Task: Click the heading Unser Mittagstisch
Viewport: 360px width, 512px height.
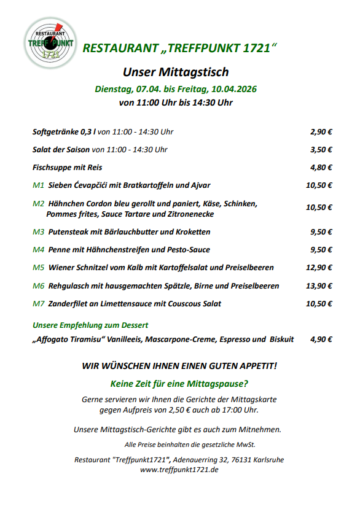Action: click(176, 72)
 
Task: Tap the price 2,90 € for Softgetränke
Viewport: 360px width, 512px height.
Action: click(321, 131)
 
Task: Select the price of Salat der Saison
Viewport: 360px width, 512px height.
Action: click(321, 149)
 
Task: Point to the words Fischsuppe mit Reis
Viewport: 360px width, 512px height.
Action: click(67, 167)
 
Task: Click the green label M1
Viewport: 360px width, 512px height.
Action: click(38, 185)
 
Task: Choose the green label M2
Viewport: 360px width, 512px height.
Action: click(38, 203)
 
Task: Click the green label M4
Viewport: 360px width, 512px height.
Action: click(38, 250)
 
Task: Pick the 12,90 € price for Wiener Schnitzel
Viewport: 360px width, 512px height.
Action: click(319, 268)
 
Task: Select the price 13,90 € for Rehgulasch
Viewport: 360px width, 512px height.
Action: click(319, 285)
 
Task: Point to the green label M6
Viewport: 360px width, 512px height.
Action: click(38, 285)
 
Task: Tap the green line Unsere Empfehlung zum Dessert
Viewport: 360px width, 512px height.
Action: click(90, 325)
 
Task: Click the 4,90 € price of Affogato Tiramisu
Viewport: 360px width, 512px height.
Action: click(321, 339)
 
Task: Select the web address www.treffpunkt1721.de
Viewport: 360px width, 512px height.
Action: click(179, 470)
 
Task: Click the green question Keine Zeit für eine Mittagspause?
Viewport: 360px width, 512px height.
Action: click(179, 384)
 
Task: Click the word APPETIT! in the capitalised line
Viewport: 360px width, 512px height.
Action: click(256, 366)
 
